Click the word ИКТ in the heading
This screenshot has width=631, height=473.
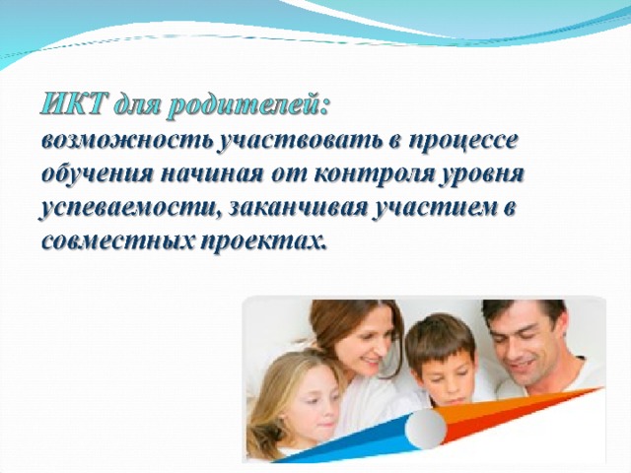pos(72,105)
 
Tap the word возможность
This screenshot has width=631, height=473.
pos(127,142)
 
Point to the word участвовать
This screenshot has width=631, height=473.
pos(299,142)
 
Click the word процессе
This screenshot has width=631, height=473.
pos(462,143)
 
